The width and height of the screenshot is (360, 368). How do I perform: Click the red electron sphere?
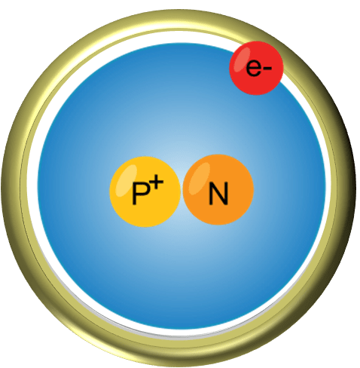coord(256,68)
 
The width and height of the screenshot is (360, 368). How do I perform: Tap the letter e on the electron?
coord(253,68)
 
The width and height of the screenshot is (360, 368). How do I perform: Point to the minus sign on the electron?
coord(267,68)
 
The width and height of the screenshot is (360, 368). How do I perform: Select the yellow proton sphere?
coord(145,192)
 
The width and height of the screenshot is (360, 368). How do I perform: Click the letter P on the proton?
coord(140,193)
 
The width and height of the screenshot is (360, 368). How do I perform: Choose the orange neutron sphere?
coord(218,190)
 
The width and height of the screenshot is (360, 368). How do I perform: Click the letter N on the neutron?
coord(218,193)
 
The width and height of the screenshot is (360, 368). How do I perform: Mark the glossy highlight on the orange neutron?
coord(200,178)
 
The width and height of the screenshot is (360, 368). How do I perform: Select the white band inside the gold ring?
coord(32,187)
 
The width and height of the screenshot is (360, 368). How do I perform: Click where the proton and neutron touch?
coord(182,191)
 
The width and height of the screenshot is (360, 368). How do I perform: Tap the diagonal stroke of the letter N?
coord(218,193)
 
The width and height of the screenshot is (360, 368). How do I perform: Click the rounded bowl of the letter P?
coord(144,189)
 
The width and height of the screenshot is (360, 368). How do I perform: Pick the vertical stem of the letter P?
coord(134,193)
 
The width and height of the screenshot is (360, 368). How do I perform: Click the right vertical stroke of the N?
coord(226,193)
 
